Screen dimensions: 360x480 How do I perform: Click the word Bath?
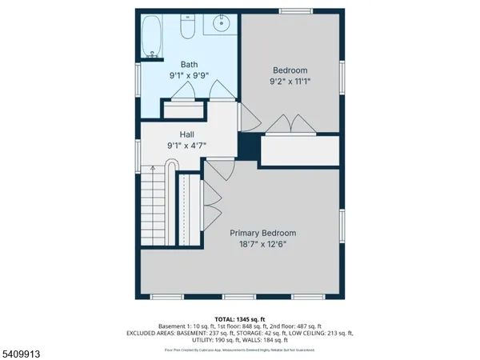click(x=189, y=65)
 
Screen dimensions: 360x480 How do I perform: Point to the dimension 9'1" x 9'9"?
click(x=189, y=77)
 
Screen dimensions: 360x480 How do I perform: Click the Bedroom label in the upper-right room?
click(x=290, y=70)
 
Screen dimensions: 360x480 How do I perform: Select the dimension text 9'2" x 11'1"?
click(x=290, y=82)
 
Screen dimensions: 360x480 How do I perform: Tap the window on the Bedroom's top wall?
click(x=292, y=10)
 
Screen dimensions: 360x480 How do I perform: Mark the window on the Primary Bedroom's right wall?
click(x=342, y=226)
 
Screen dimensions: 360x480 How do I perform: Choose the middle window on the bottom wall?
click(x=234, y=298)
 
